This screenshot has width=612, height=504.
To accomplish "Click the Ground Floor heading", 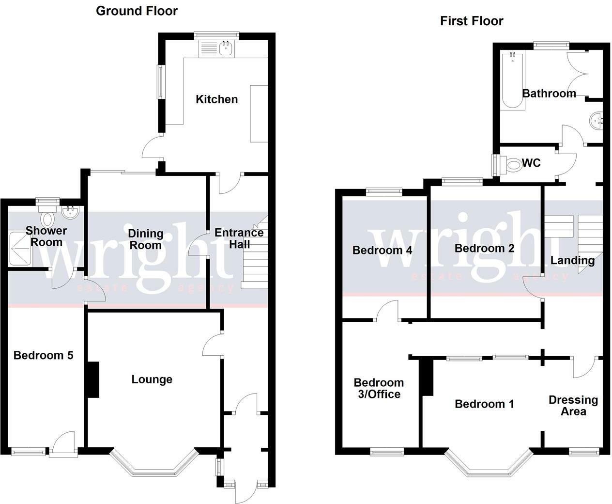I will (137, 11).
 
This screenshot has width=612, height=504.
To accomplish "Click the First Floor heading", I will (471, 21).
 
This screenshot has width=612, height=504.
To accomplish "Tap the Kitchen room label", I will (216, 99).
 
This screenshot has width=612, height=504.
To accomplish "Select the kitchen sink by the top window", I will (226, 48).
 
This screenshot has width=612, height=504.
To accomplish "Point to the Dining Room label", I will (145, 239).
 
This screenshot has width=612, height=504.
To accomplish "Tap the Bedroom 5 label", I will (43, 355).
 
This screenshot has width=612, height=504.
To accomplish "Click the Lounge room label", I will (152, 379).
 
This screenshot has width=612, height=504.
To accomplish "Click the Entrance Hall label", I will (239, 238).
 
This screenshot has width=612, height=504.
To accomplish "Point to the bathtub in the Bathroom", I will (512, 80).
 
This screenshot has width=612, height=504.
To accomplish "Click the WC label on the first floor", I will (531, 163).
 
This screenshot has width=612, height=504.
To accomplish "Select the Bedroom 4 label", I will (382, 250).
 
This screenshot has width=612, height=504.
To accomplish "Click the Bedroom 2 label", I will (484, 248).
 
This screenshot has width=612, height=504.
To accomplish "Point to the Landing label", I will (572, 260).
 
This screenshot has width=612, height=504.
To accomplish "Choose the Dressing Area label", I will (573, 406).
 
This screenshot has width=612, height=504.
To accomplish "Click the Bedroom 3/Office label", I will (379, 388).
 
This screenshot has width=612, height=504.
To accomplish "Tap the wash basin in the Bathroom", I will (596, 119).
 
